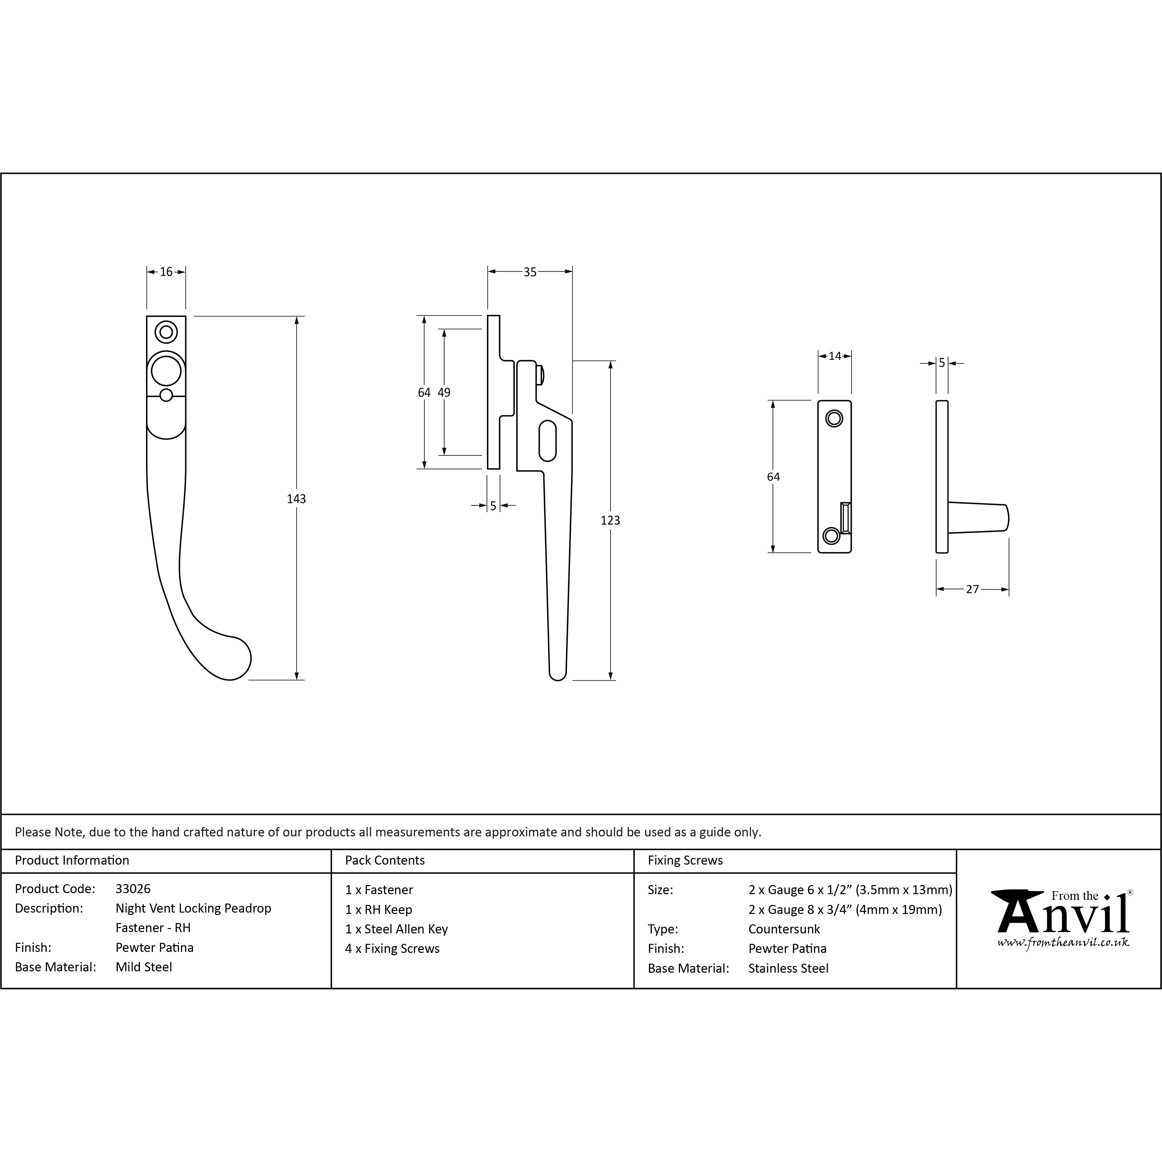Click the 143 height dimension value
click(x=296, y=499)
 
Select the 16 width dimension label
click(x=166, y=272)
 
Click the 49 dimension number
click(x=444, y=392)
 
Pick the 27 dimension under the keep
click(x=973, y=589)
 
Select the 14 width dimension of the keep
click(x=835, y=356)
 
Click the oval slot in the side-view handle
click(x=547, y=441)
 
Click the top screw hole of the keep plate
click(x=834, y=418)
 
